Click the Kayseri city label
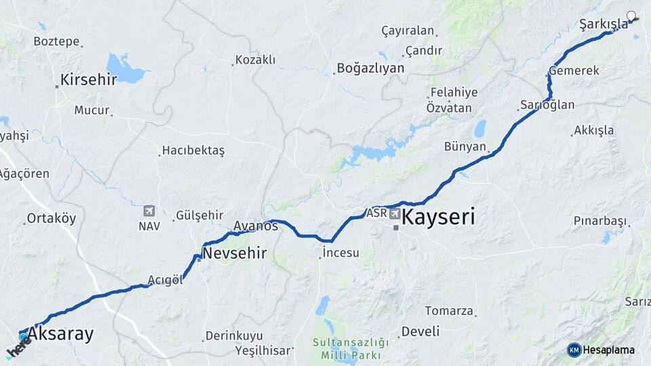[x=438, y=218]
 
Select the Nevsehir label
[x=235, y=253]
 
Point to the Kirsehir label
[x=88, y=80]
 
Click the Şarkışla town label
[x=604, y=24]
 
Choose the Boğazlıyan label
[x=370, y=68]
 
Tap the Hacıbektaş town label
[x=193, y=150]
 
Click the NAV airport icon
[x=149, y=211]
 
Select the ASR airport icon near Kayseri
[x=395, y=214]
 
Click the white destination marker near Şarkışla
[x=632, y=16]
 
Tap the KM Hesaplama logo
[x=601, y=350]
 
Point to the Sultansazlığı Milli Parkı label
[x=351, y=348]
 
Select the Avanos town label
[x=255, y=226]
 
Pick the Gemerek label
[x=574, y=70]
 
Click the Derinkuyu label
[x=234, y=336]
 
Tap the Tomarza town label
[x=449, y=311]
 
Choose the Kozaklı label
[x=255, y=60]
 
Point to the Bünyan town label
[x=465, y=146]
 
